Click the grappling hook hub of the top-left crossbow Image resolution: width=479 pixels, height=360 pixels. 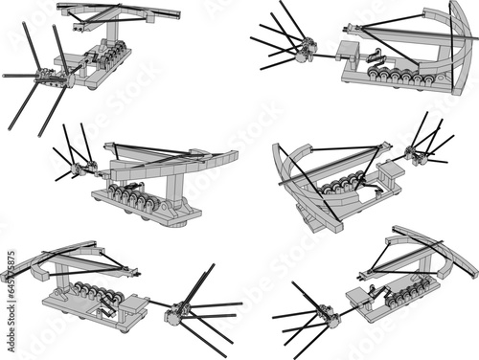click(44, 73)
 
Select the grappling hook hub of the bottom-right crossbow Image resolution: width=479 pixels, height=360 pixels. click(323, 312)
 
